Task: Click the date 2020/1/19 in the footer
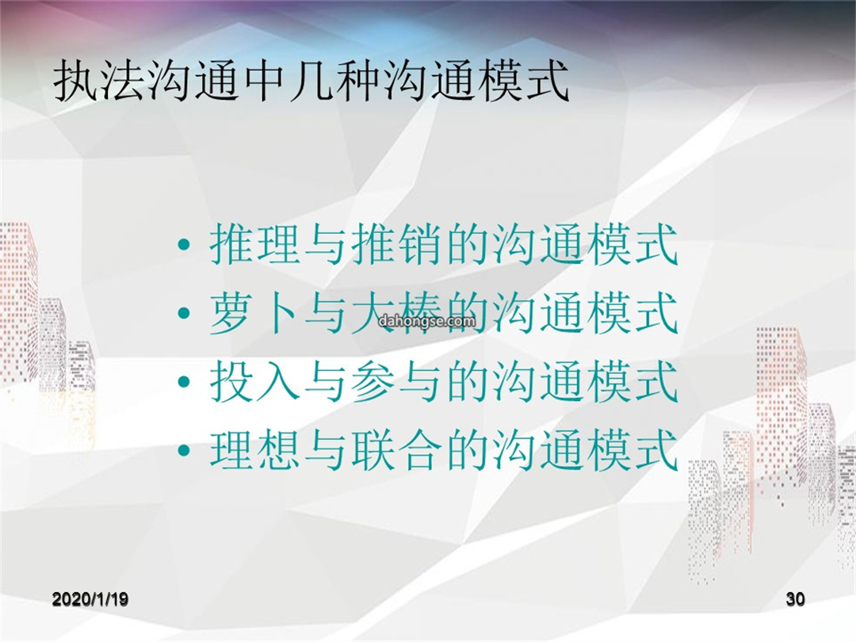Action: point(90,599)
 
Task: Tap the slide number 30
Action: point(796,599)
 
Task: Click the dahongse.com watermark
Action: point(427,321)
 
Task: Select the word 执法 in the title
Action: point(100,82)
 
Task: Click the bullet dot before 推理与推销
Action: point(185,246)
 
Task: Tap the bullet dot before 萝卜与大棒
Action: point(185,314)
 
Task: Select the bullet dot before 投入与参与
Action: point(185,382)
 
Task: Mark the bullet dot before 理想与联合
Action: point(185,450)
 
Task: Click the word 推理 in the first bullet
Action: point(256,244)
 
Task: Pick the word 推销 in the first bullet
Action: point(397,244)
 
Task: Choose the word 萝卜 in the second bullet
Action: point(256,312)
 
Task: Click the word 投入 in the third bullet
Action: point(256,380)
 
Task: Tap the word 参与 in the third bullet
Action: point(397,380)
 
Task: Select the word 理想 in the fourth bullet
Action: point(256,449)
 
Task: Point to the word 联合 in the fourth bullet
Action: point(397,449)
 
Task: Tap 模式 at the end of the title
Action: point(525,82)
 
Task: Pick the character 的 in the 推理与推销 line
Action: point(468,244)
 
